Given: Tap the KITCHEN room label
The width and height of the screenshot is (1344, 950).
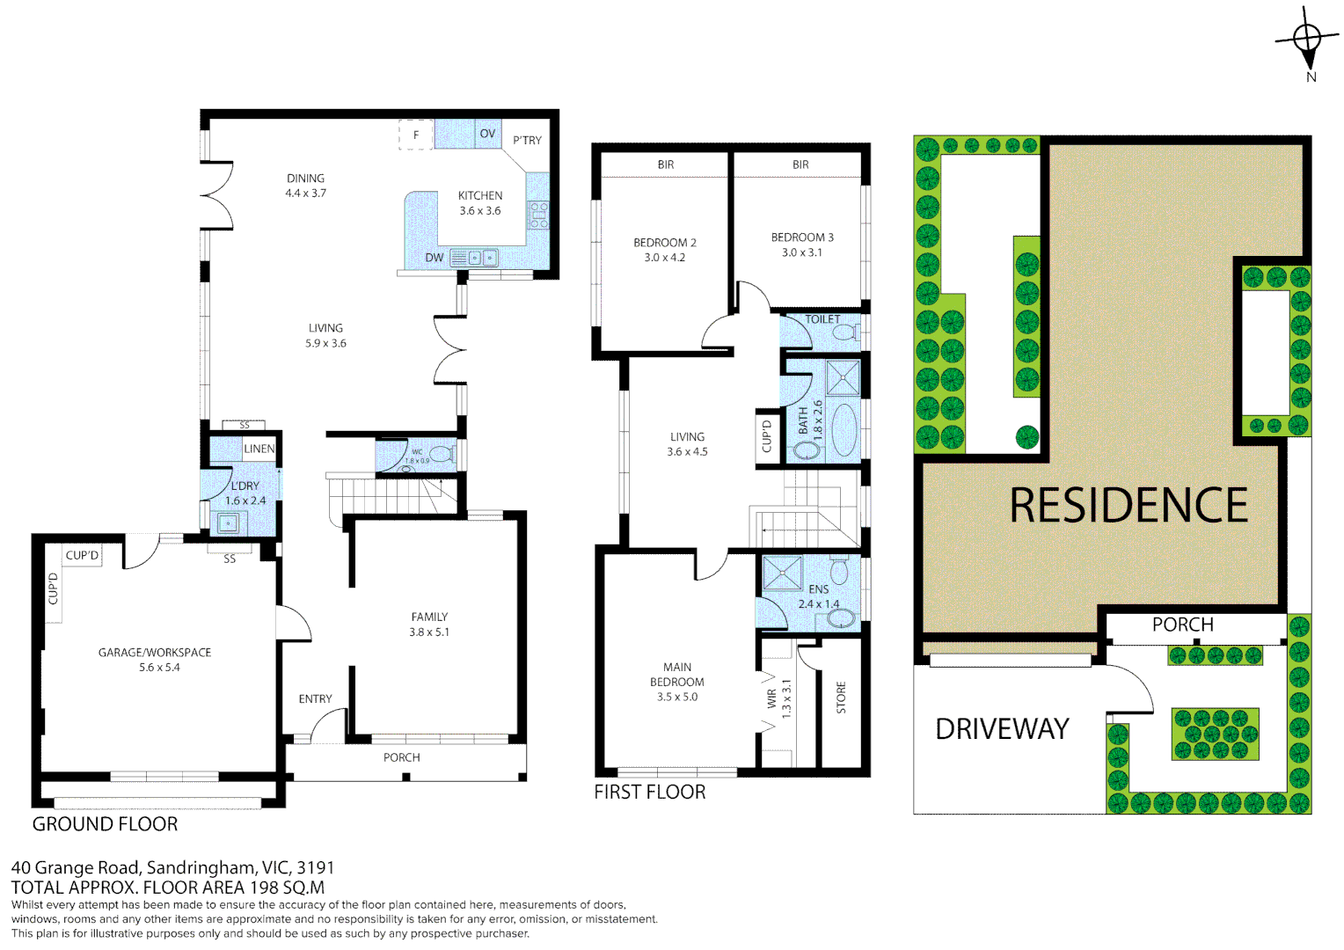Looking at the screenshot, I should [480, 196].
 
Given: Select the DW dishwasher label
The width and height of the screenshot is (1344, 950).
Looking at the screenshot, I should [435, 258].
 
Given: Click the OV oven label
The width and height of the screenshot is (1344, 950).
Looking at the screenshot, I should [487, 134].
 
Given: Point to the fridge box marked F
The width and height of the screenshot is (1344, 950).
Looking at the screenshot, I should [416, 135].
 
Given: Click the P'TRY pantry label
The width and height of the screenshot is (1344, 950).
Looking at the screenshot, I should [527, 140].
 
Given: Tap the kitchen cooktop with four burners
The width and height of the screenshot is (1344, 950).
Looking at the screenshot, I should [538, 215].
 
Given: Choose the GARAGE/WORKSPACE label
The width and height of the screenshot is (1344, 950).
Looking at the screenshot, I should [155, 653].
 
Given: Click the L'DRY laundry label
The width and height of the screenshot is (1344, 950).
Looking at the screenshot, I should [245, 486].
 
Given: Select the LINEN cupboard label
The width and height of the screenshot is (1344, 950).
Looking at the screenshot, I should [259, 449].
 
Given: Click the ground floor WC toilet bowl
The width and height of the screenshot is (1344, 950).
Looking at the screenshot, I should [442, 455].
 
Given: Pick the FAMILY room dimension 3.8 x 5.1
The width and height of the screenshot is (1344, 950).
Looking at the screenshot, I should [429, 632].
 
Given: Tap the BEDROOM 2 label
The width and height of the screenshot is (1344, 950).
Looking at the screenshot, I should [665, 243].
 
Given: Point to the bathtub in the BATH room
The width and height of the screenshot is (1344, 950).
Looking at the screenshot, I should [844, 430].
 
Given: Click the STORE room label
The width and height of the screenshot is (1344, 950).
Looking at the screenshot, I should [841, 697].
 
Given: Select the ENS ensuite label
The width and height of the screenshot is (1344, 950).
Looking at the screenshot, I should [818, 589].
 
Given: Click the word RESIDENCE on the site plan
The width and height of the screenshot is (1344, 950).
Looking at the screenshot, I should [1129, 506].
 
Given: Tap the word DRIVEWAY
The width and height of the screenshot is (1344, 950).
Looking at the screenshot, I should [1002, 729].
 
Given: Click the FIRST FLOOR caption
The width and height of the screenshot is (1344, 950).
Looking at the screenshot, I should [650, 792].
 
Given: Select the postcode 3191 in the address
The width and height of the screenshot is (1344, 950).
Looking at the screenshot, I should [316, 868].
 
